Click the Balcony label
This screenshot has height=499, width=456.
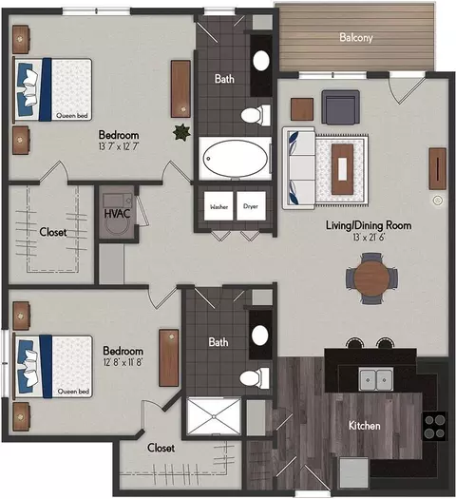pos(356,38)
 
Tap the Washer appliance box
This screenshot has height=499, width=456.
pos(218,206)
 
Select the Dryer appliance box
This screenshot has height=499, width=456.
pos(251,206)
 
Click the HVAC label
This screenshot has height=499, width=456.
pos(118,214)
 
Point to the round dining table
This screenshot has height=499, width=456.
pos(371,278)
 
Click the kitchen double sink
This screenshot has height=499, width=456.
pos(376,379)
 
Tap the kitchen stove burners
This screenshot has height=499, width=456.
pos(435,427)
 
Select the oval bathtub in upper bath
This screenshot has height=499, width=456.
pos(236,158)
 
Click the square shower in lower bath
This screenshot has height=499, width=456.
pos(214,416)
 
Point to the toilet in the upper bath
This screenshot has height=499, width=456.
pos(256,115)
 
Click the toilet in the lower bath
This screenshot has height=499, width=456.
pos(255,378)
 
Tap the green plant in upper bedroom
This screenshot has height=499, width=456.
pos(182,132)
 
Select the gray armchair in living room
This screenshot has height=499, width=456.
pos(340,106)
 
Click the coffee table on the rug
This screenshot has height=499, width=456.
pos(343,169)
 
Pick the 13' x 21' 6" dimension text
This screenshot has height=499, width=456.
pos(369,237)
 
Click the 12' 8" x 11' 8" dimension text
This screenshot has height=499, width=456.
pos(123,362)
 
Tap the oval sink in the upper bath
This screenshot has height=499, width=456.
pos(261,61)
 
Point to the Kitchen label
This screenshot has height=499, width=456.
pos(365,426)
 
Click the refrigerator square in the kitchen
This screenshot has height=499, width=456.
pos(354,472)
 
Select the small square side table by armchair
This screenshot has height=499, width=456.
pos(302,109)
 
